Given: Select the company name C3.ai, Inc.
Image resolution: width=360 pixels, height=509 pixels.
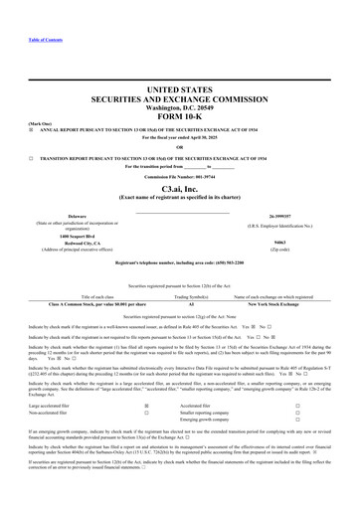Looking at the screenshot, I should pos(179,200).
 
